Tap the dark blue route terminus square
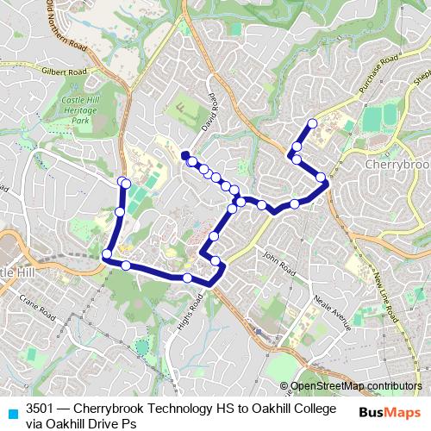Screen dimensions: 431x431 click(x=185, y=155)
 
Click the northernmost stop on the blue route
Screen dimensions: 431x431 click(x=312, y=123)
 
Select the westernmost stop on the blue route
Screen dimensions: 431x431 click(x=107, y=253)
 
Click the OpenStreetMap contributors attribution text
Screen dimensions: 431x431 click(x=355, y=386)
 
